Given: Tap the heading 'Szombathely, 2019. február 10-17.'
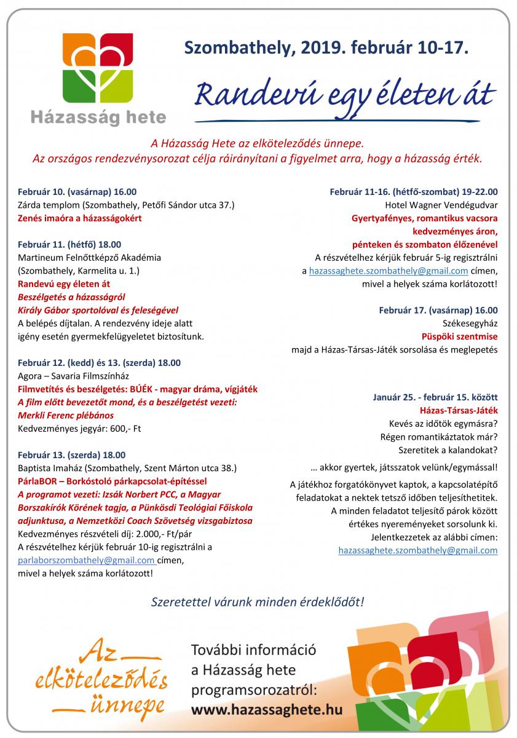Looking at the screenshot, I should tap(326, 47).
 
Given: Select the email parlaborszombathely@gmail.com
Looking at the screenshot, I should tap(87, 560).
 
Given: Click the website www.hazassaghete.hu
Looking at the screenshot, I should tap(267, 709).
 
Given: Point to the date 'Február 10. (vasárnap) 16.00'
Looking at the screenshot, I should tap(77, 192).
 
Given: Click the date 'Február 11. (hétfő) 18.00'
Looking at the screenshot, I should tap(70, 244).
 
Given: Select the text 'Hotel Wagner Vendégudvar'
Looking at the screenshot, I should tap(441, 205).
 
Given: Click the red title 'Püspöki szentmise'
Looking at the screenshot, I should tap(460, 336).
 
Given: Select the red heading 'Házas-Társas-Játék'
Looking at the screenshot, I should tap(459, 410).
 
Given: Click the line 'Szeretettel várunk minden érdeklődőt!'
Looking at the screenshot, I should tap(258, 601).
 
